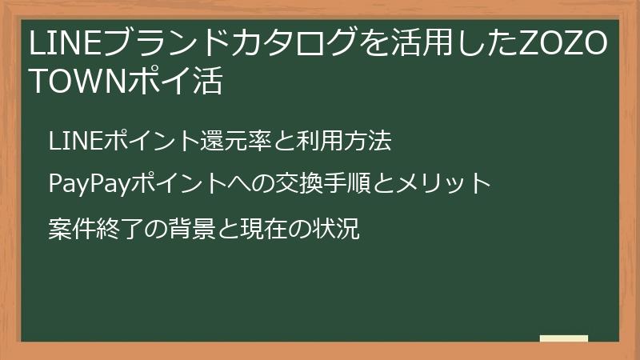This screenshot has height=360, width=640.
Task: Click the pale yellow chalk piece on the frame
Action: pyautogui.click(x=563, y=339)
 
